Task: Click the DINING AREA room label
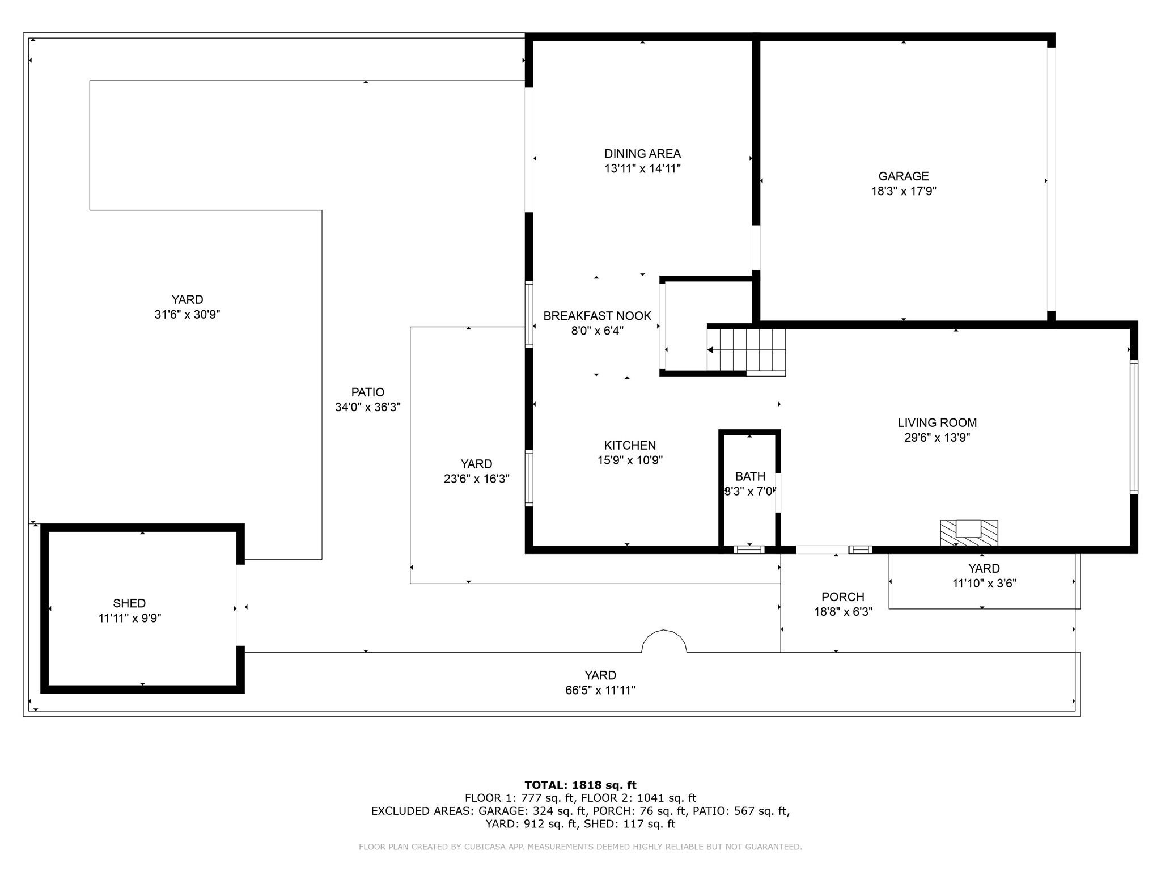coord(642,154)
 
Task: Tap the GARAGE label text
coord(904,176)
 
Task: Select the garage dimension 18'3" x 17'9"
coord(904,192)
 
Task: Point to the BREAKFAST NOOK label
coord(598,316)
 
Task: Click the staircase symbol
coord(746,350)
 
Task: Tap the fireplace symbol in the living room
coord(969,533)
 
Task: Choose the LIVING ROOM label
coord(937,422)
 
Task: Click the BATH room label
coord(750,476)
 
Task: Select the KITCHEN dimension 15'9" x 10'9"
coord(630,460)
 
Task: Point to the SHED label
coord(129,603)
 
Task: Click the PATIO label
coord(368,392)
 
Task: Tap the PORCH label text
coord(843,597)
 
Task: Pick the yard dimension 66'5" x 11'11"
coord(600,690)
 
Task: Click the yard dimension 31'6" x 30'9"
coord(187,315)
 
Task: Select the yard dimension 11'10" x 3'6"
coord(984,584)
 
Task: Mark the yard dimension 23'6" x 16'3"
coord(476,479)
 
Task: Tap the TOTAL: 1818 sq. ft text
coord(580,785)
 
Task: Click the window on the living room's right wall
coord(1134,427)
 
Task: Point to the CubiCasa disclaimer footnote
coord(580,847)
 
